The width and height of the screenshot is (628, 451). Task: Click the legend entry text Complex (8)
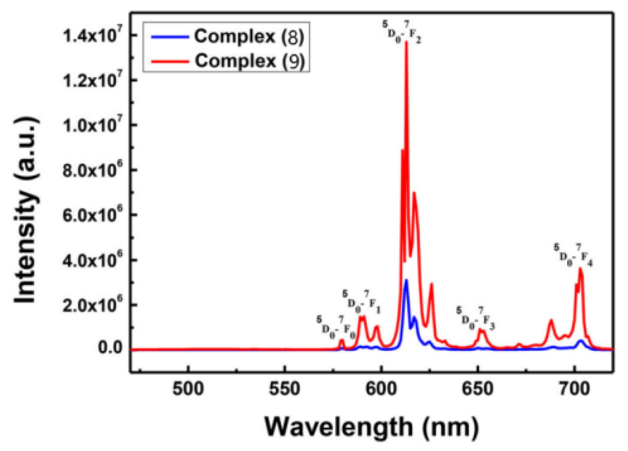coord(249,36)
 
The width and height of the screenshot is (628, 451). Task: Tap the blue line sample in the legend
coord(170,37)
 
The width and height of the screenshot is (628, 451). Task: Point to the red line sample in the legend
coord(170,61)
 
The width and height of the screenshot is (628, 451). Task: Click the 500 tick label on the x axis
coord(188,389)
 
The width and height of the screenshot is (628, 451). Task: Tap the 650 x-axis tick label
coord(477,389)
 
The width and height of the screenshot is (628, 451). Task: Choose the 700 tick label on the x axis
coord(574,389)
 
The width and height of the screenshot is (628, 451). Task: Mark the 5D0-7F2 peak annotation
coord(401,32)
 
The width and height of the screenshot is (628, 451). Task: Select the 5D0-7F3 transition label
coord(475,319)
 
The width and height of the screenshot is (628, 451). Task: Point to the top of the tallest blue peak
coord(406,280)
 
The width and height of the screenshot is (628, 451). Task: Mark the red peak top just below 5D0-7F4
coord(580,269)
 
